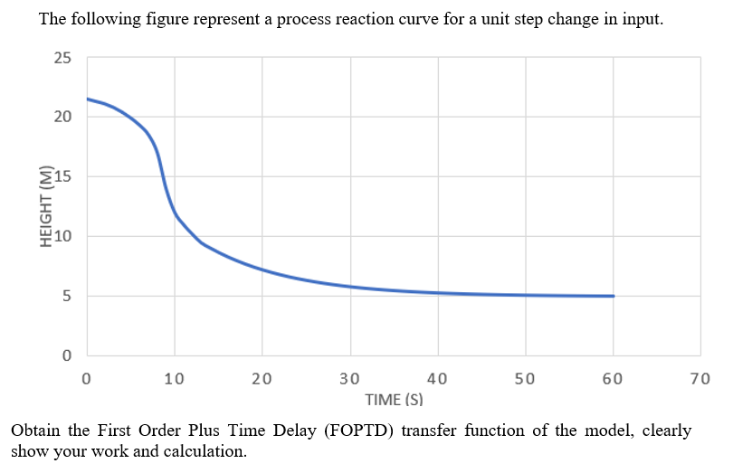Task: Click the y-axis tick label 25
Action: point(62,60)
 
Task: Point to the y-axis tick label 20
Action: point(62,117)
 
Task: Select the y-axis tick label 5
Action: point(66,296)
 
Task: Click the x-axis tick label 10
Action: point(174,379)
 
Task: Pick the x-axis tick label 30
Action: point(349,379)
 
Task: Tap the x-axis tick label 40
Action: point(437,379)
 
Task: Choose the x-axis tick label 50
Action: point(525,379)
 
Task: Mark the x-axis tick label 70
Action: point(700,379)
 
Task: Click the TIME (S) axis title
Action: point(394,399)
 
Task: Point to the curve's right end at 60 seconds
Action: point(614,296)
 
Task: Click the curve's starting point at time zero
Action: point(87,99)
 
